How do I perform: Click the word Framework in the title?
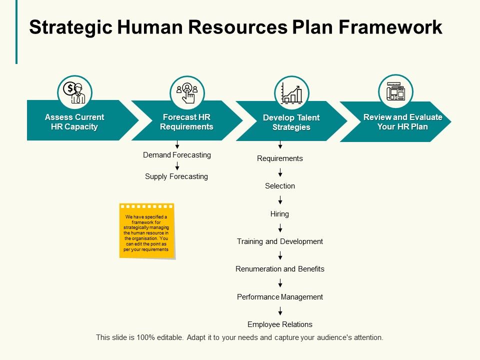pos(390,27)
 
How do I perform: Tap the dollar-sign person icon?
pos(74,92)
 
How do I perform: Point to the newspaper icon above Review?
pos(395,91)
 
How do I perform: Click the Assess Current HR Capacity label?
pos(74,122)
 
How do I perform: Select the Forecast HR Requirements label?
pos(186,122)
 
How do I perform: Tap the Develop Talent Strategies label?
pos(291,122)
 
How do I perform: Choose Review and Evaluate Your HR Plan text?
pos(402,122)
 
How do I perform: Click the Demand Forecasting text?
pos(177,155)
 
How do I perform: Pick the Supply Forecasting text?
pos(176,176)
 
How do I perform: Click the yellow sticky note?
pos(146,231)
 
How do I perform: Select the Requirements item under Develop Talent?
pos(280,158)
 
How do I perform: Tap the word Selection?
pos(280,186)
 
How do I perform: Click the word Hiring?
pos(279,214)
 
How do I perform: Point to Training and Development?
pos(280,241)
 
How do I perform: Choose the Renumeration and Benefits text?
pos(280,269)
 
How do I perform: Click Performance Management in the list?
pos(280,297)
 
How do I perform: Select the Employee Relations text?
pos(280,324)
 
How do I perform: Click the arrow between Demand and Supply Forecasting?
pos(177,166)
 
